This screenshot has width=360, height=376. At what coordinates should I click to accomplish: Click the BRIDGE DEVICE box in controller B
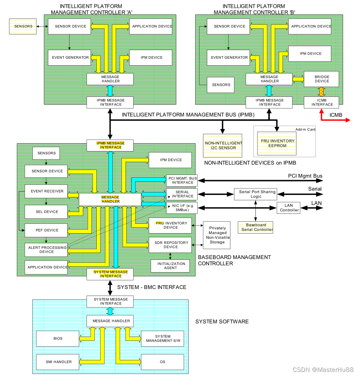point(322,79)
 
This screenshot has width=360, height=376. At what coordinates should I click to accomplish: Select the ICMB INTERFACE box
point(322,102)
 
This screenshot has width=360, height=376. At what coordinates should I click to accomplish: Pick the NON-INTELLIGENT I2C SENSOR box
point(223,145)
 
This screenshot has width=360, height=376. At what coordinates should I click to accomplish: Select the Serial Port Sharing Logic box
point(256,194)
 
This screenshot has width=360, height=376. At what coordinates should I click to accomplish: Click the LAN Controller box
point(289,208)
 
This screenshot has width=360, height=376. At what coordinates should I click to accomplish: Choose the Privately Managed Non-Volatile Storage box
point(217,235)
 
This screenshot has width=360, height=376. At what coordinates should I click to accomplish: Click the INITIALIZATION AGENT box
point(171,266)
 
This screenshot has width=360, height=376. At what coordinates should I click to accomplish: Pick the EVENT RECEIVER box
point(47,191)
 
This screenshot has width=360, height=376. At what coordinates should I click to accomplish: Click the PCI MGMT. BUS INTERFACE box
point(182,180)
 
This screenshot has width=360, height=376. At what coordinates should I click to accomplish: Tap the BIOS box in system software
point(58,339)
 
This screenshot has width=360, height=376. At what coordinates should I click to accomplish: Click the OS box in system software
point(162,362)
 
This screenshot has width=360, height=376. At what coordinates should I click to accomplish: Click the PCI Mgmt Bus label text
point(305,176)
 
